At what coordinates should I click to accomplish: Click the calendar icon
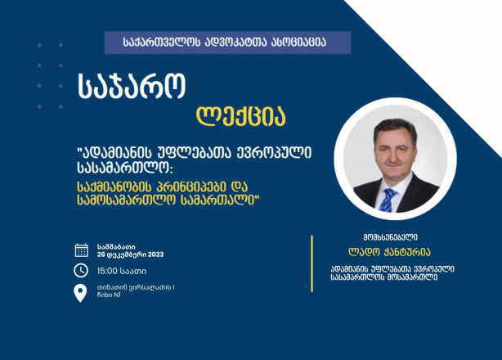coord(81,250)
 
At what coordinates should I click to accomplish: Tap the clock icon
coord(81,271)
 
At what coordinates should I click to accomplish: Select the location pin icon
coord(80,293)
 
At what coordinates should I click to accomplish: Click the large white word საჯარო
coord(132,87)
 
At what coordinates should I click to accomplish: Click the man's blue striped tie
coord(388,200)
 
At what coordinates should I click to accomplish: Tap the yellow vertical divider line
coord(312,263)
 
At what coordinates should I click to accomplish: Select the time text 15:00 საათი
coord(122,272)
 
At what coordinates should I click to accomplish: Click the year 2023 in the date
coord(156,254)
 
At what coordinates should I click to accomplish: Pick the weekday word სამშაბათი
coord(116,247)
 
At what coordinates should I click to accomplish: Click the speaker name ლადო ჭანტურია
coord(389,252)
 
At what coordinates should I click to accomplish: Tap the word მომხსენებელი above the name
coord(390,237)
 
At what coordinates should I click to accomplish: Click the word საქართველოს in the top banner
coord(162,43)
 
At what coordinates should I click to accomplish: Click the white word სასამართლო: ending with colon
coord(125,168)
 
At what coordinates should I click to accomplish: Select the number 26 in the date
coord(101,254)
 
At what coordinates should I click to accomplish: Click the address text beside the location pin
coord(136,291)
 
